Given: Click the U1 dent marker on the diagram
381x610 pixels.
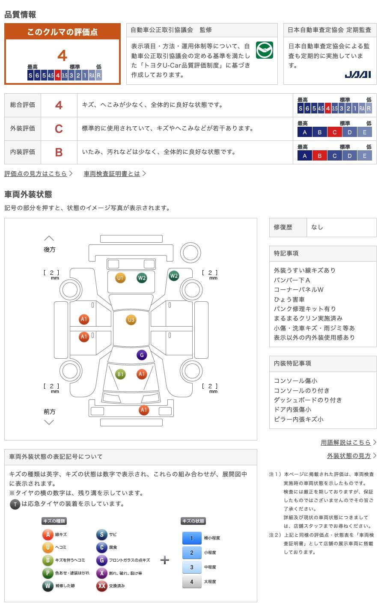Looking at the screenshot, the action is click(x=120, y=278).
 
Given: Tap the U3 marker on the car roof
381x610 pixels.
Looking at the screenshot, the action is click(x=131, y=320).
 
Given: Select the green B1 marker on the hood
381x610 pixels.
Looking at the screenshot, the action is click(x=120, y=374).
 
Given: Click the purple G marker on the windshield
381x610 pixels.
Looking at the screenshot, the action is click(x=142, y=355).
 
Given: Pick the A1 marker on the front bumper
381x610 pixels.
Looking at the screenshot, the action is click(x=144, y=410).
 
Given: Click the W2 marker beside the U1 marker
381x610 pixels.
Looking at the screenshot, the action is click(x=142, y=278).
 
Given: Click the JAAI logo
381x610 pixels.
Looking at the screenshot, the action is click(x=358, y=74).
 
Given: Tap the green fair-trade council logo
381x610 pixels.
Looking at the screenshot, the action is click(x=265, y=50).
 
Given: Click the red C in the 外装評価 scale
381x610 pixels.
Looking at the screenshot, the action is click(x=335, y=132).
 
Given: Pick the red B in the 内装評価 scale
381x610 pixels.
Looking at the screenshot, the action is click(x=320, y=156).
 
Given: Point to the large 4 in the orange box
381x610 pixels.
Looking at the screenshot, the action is click(x=63, y=56).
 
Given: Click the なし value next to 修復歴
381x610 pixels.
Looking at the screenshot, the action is click(x=317, y=227).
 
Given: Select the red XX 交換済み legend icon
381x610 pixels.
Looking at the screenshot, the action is click(x=101, y=586).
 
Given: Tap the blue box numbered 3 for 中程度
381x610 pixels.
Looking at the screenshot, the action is click(x=192, y=567).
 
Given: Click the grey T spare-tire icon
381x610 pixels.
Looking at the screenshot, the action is click(x=15, y=504).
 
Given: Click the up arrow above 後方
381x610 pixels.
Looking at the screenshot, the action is click(x=49, y=238).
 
